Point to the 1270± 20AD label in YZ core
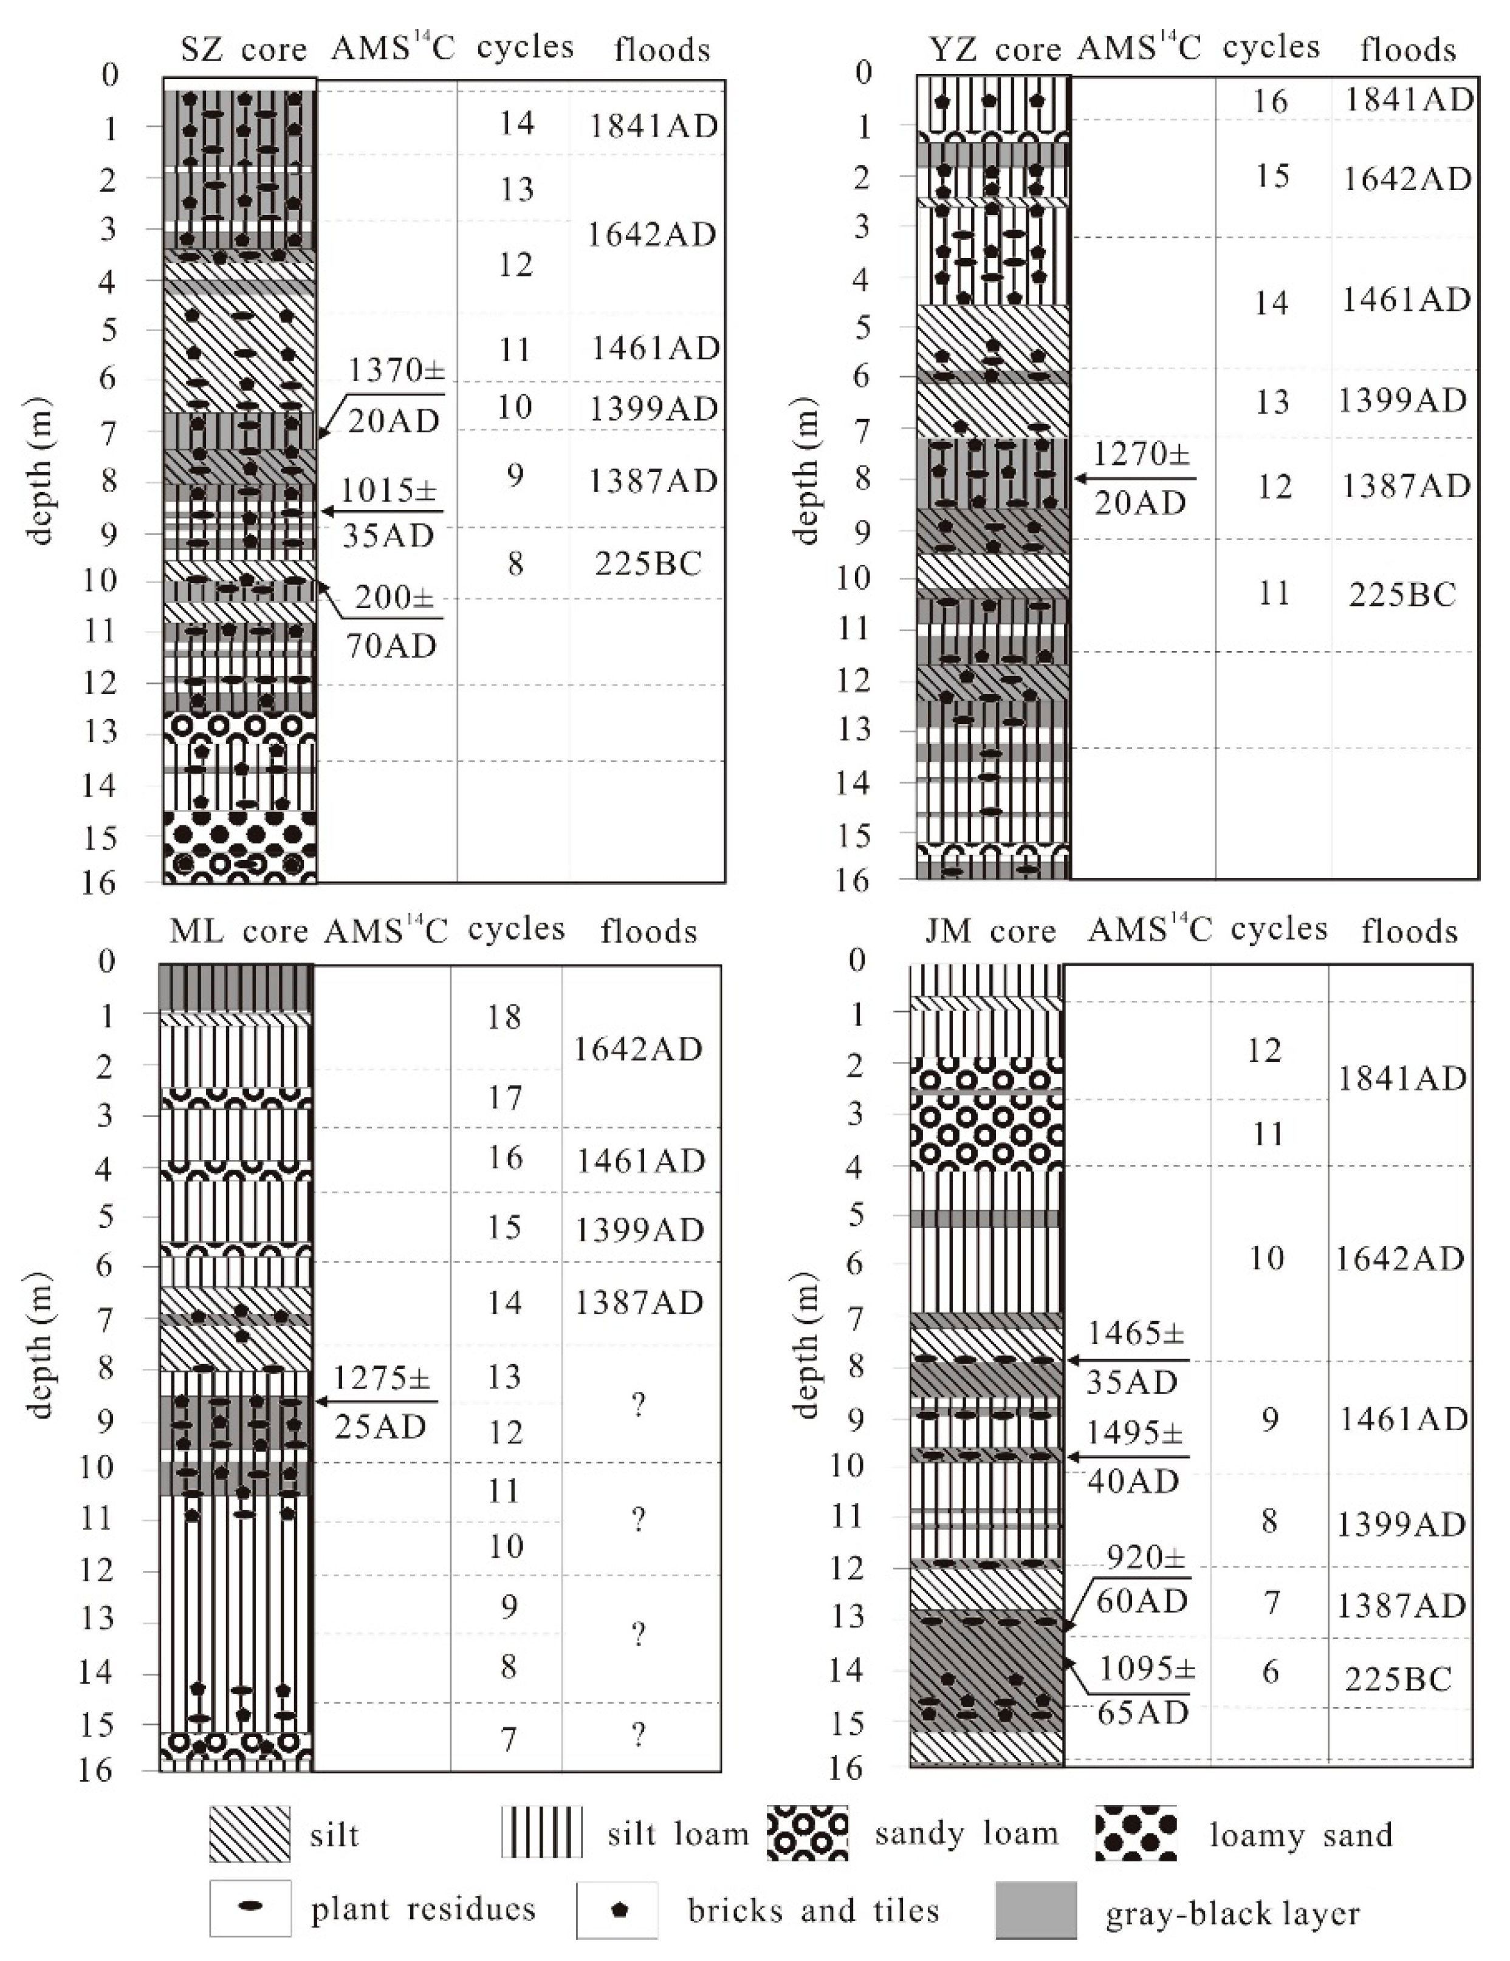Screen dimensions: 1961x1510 click(x=1141, y=479)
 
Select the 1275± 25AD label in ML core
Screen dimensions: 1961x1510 click(x=381, y=1402)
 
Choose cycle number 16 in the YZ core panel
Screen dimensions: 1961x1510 click(x=1270, y=101)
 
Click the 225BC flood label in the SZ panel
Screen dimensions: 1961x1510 click(x=648, y=564)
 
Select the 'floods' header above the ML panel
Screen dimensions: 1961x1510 click(x=648, y=932)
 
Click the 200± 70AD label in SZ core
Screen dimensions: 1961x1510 click(x=393, y=621)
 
